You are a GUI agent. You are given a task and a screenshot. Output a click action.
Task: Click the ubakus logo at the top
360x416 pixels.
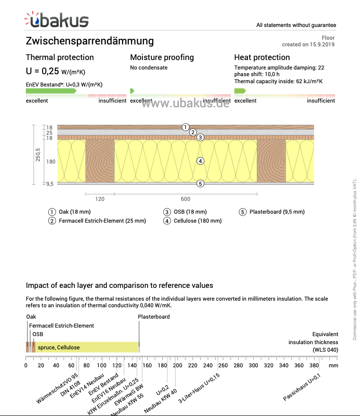click(x=57, y=20)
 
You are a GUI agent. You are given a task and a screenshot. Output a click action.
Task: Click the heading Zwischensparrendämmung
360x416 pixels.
click(x=90, y=41)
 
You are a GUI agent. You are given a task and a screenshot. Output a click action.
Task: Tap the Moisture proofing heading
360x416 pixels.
click(x=162, y=57)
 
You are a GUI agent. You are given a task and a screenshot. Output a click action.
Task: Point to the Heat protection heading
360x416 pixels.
click(x=262, y=57)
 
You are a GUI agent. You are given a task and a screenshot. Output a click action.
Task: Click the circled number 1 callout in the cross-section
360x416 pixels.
click(x=185, y=127)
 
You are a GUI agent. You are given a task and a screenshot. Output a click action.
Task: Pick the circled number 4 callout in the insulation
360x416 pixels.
click(x=201, y=161)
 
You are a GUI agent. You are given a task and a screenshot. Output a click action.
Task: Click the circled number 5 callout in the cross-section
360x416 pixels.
click(x=201, y=183)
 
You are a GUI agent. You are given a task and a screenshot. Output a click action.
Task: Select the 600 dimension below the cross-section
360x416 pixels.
click(x=185, y=199)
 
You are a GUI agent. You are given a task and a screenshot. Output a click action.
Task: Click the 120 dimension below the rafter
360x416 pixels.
click(x=100, y=199)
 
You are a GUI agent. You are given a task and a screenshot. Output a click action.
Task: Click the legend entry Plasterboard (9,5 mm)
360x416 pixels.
click(x=277, y=212)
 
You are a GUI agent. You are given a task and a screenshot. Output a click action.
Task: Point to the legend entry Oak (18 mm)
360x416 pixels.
click(x=74, y=212)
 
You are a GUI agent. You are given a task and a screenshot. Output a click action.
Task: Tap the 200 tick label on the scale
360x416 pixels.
click(x=177, y=365)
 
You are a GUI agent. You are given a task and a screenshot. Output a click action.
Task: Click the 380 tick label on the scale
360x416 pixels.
click(x=314, y=365)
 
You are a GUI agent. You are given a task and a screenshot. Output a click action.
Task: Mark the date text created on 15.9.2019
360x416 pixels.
click(x=308, y=44)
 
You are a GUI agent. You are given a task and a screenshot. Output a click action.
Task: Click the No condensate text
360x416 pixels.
click(x=149, y=68)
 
